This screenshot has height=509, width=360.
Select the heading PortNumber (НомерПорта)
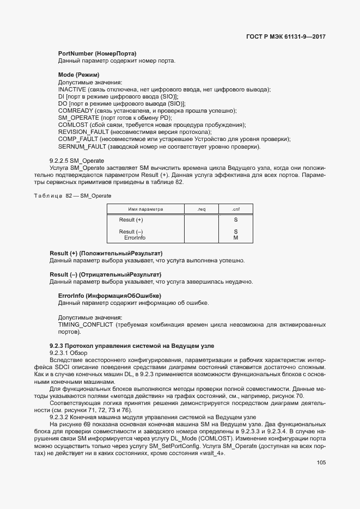coord(97,53)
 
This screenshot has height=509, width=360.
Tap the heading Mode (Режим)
coord(78,75)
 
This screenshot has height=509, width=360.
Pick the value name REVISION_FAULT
coord(83,132)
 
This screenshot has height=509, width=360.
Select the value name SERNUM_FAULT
coord(82,146)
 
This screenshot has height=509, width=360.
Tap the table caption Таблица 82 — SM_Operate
coord(65,195)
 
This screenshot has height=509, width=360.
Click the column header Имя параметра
coord(145,209)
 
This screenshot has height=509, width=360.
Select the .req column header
coord(202,209)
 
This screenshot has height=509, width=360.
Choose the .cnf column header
coord(235,209)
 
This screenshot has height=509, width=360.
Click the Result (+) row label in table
coord(131,219)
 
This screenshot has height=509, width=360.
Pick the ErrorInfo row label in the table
coord(135,238)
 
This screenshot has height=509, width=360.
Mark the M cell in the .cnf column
coord(235,238)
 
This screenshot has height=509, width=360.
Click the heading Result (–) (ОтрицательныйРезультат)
coord(106,274)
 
